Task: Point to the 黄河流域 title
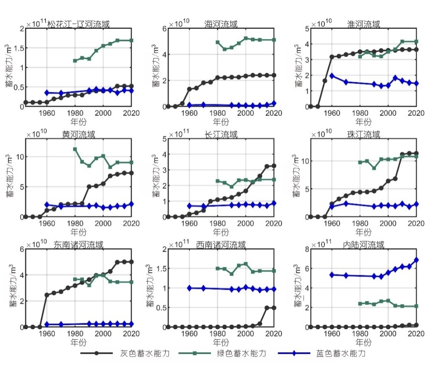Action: point(79,134)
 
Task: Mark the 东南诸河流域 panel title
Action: point(79,244)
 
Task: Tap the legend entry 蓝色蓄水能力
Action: point(337,353)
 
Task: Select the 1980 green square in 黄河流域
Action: point(75,149)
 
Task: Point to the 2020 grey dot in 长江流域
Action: point(274,166)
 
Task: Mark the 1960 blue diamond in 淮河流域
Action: point(332,76)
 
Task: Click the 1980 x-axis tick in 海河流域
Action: point(217,113)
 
